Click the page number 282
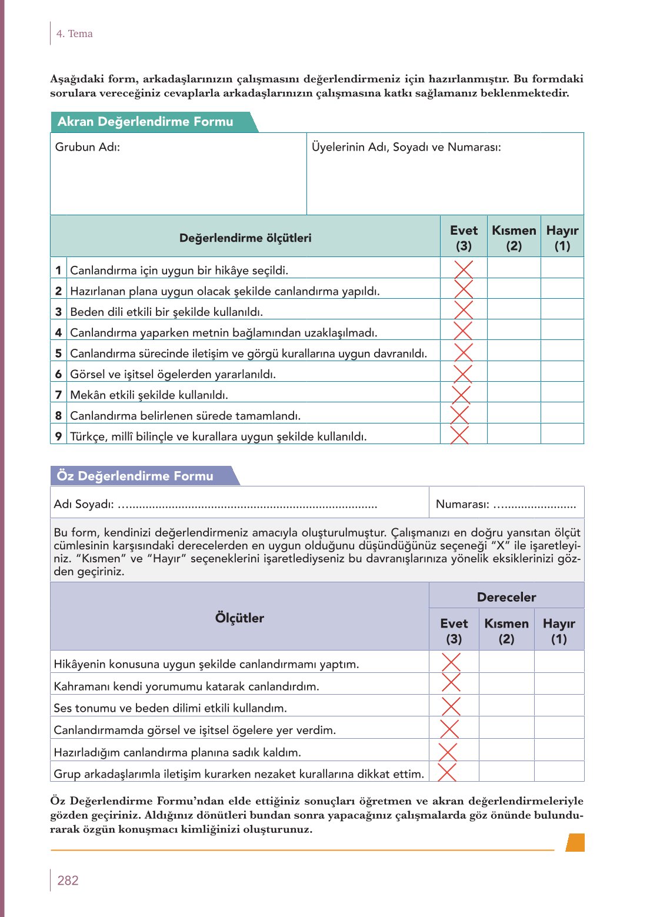coord(68,880)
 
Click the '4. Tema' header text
coord(74,34)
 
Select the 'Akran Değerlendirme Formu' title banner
coord(145,122)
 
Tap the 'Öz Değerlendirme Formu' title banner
coord(135,476)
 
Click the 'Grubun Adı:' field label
coord(88,147)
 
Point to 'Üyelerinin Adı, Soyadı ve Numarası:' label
coord(406,147)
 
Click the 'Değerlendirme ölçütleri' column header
coord(245,238)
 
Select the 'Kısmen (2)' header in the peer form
coord(514,238)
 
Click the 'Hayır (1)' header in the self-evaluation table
coord(559,631)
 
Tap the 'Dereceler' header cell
coord(506,597)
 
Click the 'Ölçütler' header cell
coord(239,618)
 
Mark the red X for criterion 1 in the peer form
coord(464,269)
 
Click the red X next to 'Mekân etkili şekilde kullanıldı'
coord(461,394)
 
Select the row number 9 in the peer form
coord(58,436)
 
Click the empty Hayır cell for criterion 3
coord(562,309)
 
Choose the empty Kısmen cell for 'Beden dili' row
coord(514,309)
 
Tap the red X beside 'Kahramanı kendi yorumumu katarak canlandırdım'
coord(451,682)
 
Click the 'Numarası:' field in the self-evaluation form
coord(506,504)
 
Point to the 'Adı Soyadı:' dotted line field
coord(247,505)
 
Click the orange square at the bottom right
coord(575,842)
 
